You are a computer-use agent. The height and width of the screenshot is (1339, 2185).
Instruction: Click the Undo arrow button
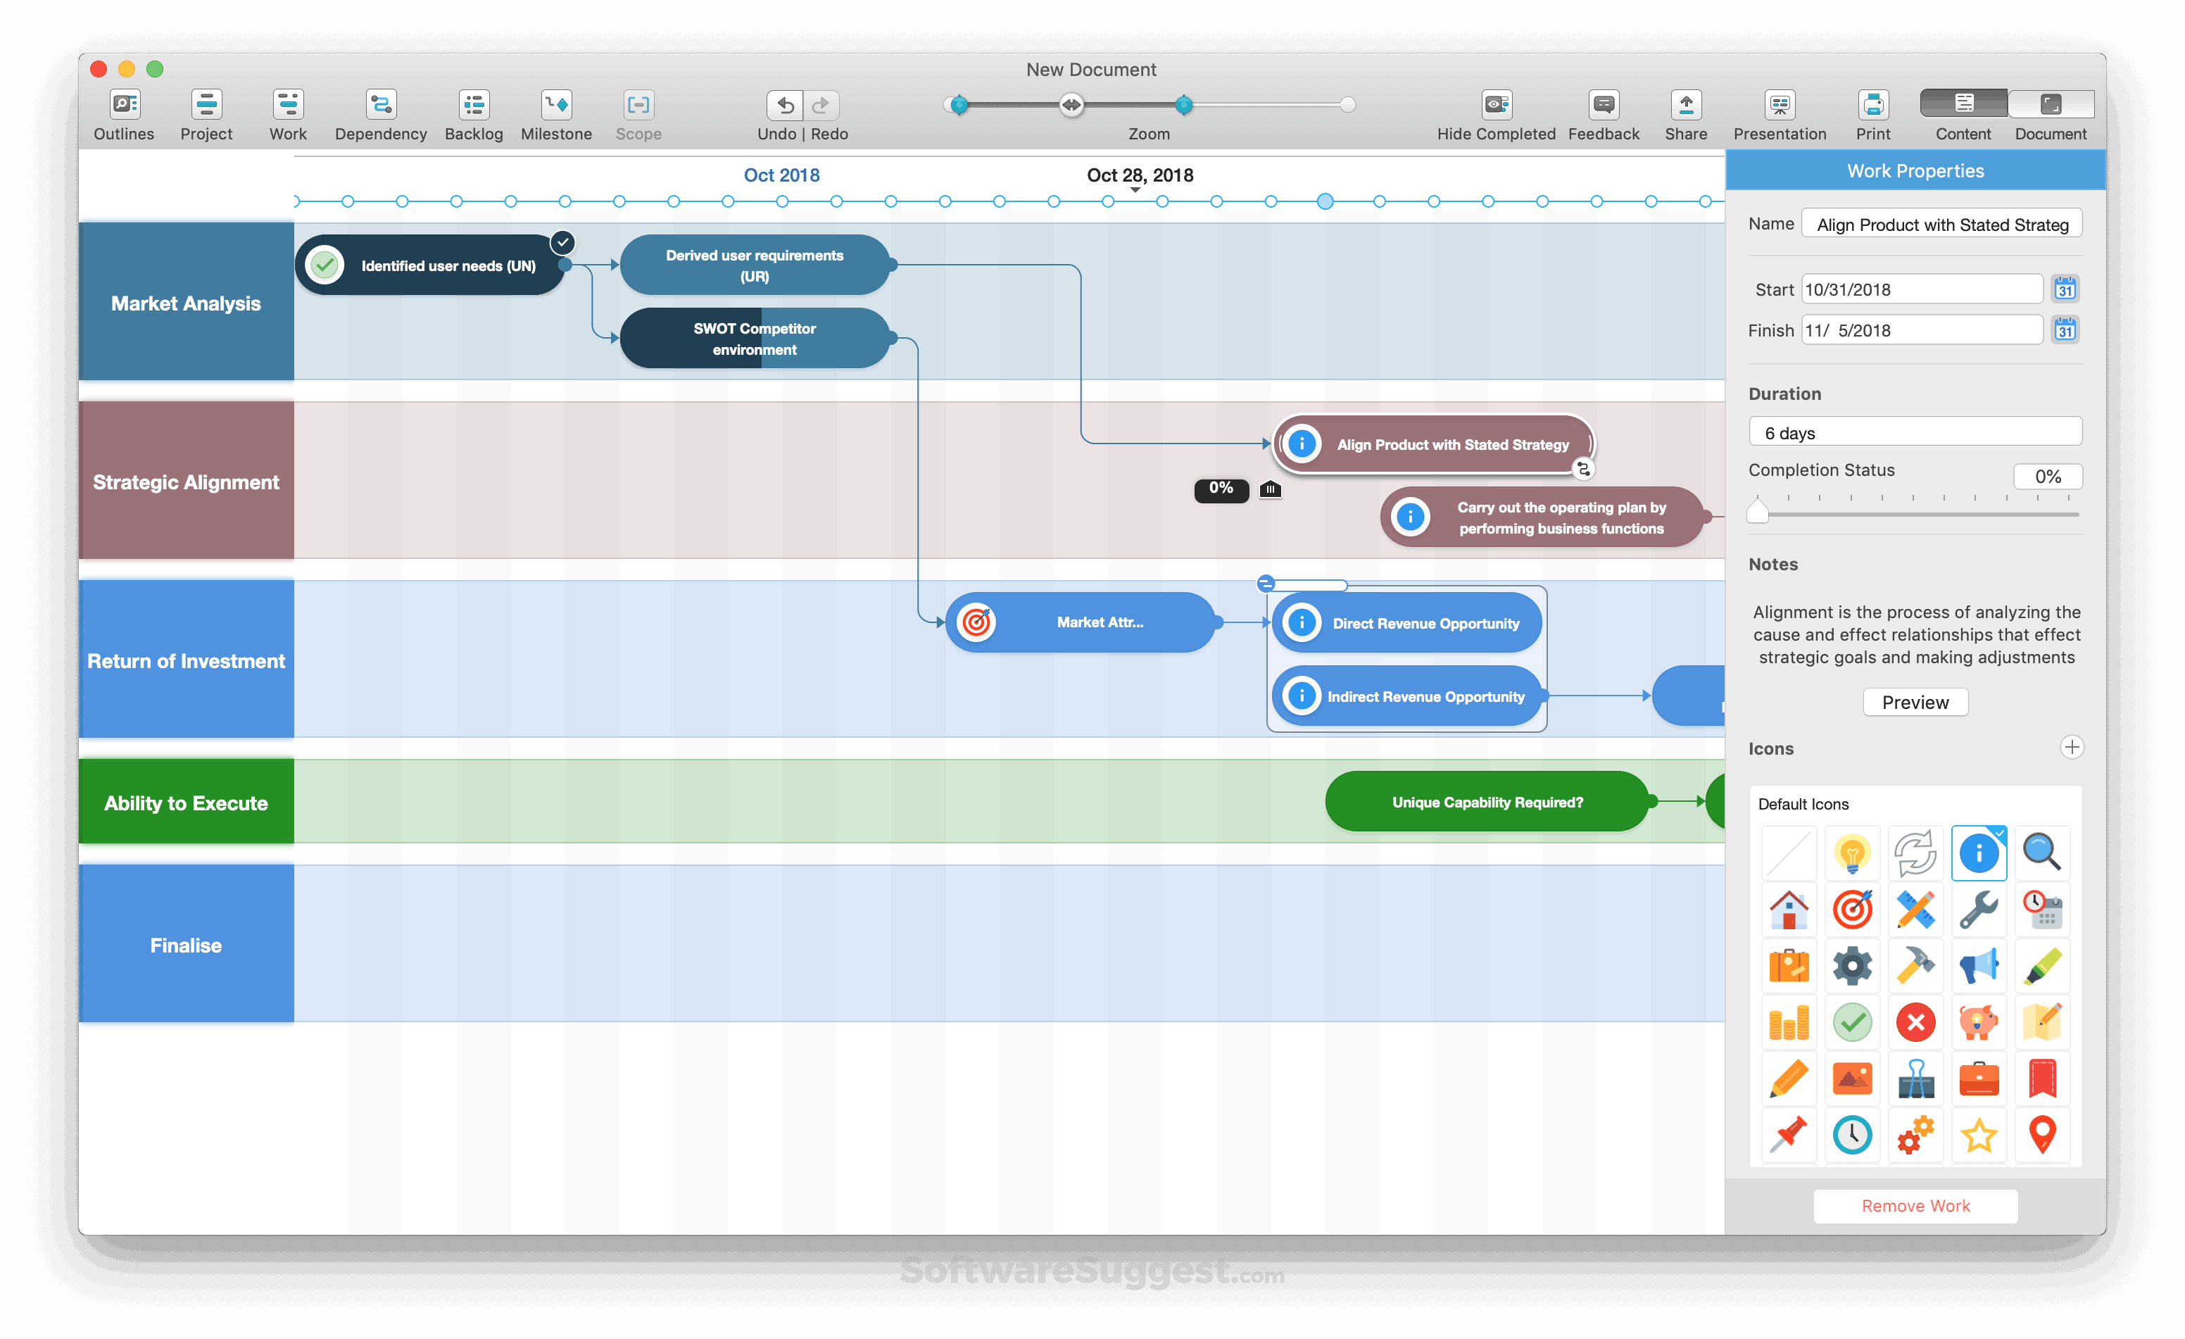click(785, 106)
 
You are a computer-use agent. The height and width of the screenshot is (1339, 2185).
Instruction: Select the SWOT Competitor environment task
click(754, 339)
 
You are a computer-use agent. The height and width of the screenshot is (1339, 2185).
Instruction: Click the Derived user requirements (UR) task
click(754, 265)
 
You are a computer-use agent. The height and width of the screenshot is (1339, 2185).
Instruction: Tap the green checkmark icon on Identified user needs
click(325, 265)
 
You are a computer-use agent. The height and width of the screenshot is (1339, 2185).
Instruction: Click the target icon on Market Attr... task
click(976, 622)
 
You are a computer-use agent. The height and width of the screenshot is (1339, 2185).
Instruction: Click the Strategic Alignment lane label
click(187, 482)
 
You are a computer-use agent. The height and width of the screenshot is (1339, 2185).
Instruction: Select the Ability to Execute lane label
click(187, 803)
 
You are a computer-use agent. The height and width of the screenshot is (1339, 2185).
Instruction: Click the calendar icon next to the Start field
click(2065, 289)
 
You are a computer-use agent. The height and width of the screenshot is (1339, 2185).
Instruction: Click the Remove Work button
click(1915, 1206)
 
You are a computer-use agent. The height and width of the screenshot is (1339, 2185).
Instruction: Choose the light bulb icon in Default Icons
click(1851, 853)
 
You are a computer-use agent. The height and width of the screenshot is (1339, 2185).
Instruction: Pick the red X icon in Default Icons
click(1915, 1022)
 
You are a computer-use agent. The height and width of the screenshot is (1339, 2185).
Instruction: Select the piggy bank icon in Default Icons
click(1977, 1022)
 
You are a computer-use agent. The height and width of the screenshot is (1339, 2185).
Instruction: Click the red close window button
click(99, 69)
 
